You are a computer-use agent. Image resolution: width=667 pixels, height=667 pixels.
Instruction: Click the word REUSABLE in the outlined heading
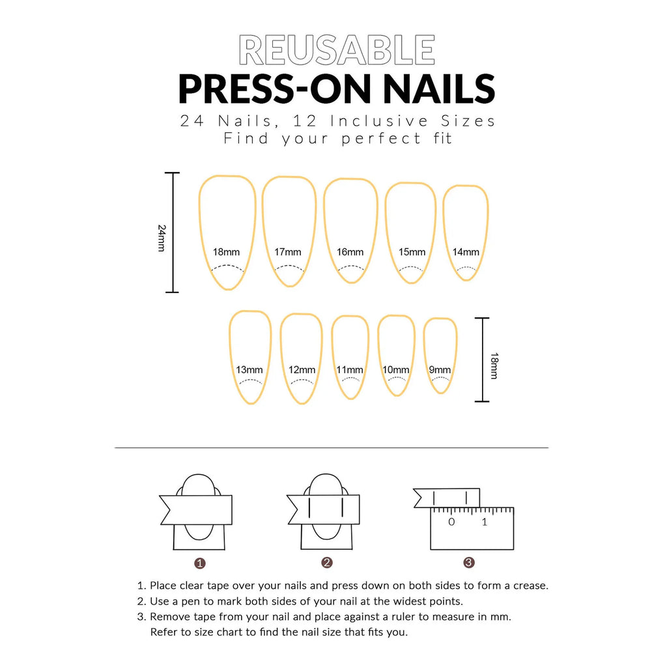(337, 50)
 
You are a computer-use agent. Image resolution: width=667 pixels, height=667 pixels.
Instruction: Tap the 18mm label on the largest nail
(226, 252)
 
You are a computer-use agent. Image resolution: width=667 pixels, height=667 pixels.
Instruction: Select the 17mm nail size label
(288, 252)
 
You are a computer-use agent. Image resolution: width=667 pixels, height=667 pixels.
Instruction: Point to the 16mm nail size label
(350, 252)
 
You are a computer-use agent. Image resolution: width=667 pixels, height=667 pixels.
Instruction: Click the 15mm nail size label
(412, 252)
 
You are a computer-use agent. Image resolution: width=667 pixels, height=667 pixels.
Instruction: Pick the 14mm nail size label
(466, 252)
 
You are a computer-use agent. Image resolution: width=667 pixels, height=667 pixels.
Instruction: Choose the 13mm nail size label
(249, 370)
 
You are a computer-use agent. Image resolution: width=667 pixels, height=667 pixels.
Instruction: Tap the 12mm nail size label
(302, 370)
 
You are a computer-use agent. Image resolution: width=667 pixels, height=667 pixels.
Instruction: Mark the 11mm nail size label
(350, 370)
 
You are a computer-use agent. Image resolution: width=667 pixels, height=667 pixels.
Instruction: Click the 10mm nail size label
(396, 370)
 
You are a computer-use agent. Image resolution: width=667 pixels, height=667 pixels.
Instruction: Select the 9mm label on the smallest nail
(440, 370)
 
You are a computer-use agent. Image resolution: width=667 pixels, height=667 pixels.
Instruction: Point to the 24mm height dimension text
(162, 238)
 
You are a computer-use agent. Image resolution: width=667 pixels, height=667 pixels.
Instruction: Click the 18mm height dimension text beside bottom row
(494, 366)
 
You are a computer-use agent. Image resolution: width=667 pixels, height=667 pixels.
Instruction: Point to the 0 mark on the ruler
(451, 522)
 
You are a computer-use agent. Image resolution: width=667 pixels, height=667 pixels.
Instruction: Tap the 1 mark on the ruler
(484, 522)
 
